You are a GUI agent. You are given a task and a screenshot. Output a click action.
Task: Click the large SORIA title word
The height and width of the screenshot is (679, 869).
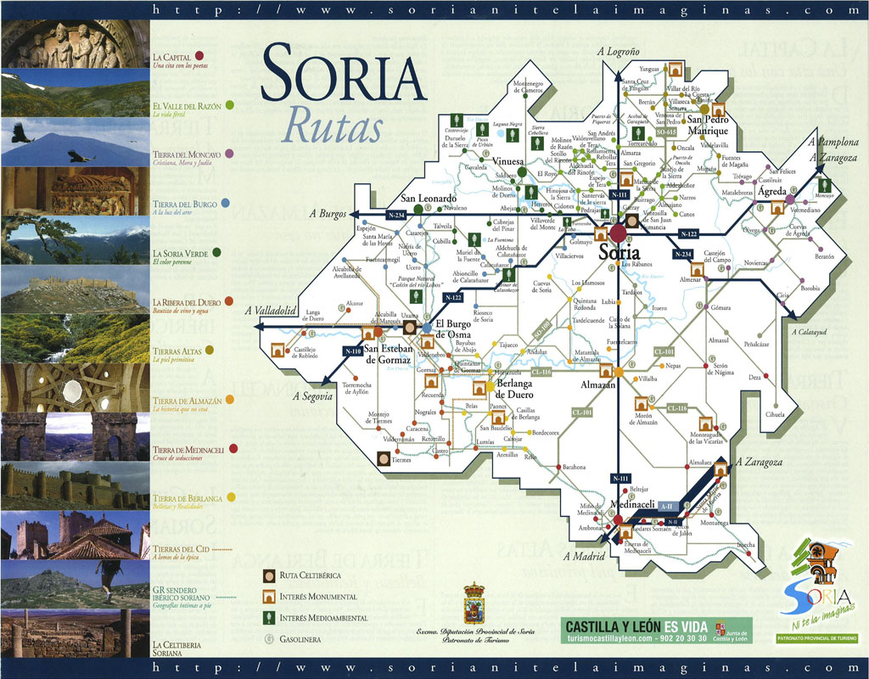tap(343, 75)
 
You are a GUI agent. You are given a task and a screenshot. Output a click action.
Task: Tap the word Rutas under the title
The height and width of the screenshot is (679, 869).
tap(333, 126)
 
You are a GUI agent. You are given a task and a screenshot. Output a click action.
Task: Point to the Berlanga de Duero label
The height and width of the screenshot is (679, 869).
tap(513, 389)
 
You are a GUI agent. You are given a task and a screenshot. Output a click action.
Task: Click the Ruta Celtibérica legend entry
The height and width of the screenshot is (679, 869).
tap(314, 576)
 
